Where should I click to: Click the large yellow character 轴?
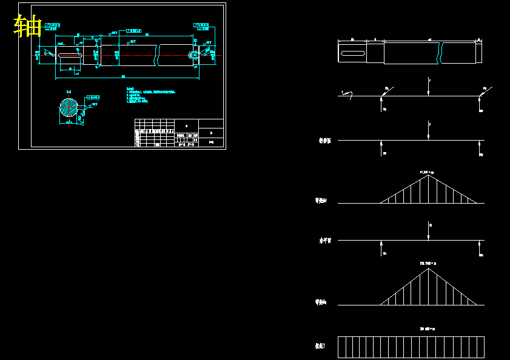pos(27,26)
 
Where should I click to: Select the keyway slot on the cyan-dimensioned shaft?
pos(70,56)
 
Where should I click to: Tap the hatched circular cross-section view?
pos(69,109)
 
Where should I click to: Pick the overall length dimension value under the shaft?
pos(123,76)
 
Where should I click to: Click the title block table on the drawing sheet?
pos(179,133)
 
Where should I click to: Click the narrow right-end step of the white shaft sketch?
pos(479,52)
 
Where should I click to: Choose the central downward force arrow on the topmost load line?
pos(429,86)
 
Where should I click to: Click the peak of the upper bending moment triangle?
pos(429,175)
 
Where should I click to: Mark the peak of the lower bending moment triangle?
pos(429,268)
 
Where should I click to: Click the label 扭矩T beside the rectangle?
pos(320,346)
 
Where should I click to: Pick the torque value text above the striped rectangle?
pos(428,328)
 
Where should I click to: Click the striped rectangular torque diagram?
pos(411,347)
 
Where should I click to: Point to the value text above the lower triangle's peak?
pos(428,263)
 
